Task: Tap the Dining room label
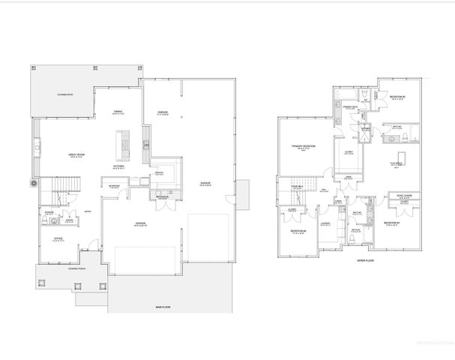coord(118,112)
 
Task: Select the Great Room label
coord(74,155)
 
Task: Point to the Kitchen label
coord(118,166)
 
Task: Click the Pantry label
coord(158,172)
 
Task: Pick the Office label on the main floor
coord(58,238)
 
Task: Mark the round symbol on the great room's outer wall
coord(32,182)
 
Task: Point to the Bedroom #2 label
coord(397,97)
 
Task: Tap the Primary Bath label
coord(349,106)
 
